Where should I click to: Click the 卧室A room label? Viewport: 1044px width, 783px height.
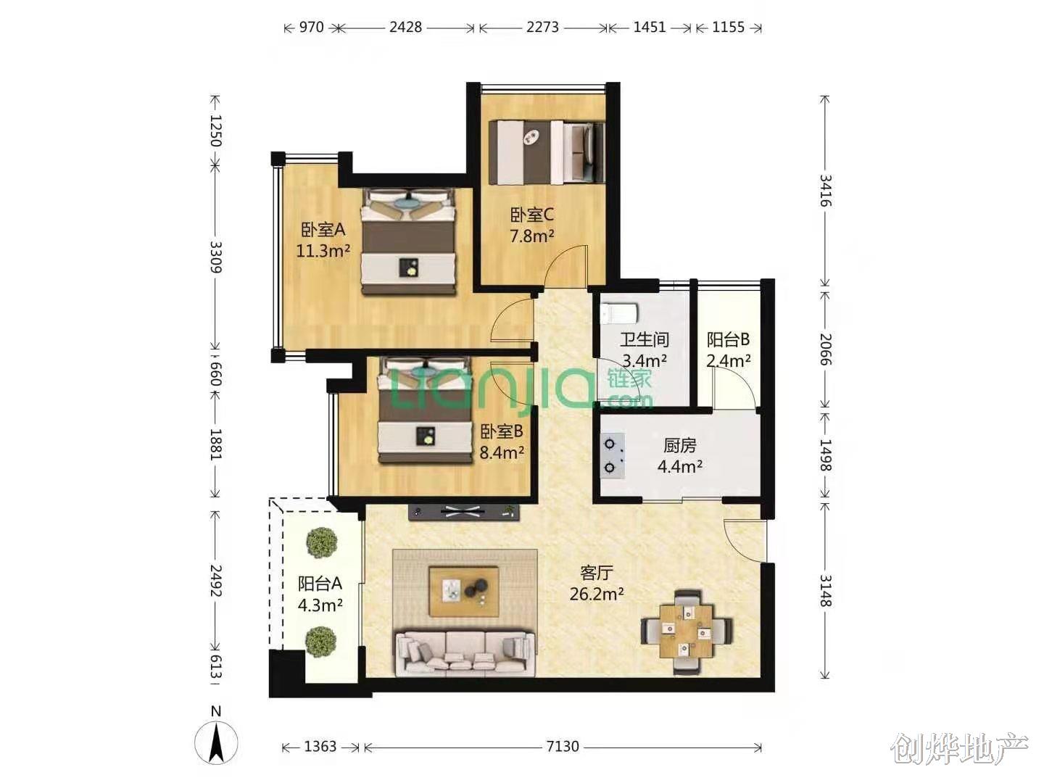(x=323, y=230)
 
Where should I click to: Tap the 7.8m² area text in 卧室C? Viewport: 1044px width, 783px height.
(x=531, y=236)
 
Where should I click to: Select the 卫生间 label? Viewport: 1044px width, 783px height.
(x=645, y=339)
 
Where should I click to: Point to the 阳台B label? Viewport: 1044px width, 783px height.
(x=728, y=339)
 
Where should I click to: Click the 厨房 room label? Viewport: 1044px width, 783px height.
(x=679, y=445)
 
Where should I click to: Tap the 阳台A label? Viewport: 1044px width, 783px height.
(x=320, y=584)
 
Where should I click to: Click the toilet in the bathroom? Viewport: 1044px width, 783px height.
(x=618, y=313)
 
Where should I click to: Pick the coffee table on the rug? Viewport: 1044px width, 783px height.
(x=464, y=591)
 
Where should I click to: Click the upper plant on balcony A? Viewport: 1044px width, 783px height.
(x=322, y=542)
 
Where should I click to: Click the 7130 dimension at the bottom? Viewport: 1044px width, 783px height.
(x=562, y=747)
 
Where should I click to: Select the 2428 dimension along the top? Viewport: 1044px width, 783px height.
(x=405, y=27)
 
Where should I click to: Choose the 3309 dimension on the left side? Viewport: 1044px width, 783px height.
(x=216, y=257)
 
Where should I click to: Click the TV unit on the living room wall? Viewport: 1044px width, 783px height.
(x=464, y=512)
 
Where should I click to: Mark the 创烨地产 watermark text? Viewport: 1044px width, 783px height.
(x=960, y=749)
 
